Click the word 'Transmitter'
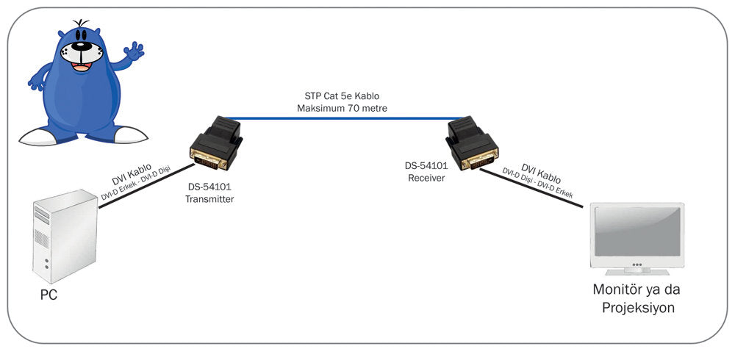point(209,199)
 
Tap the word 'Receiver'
point(426,178)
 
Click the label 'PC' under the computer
point(48,295)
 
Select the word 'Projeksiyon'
point(637,307)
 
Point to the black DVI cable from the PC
point(140,188)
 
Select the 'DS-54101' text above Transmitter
point(209,187)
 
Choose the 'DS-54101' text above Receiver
point(426,166)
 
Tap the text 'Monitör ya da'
point(637,289)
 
